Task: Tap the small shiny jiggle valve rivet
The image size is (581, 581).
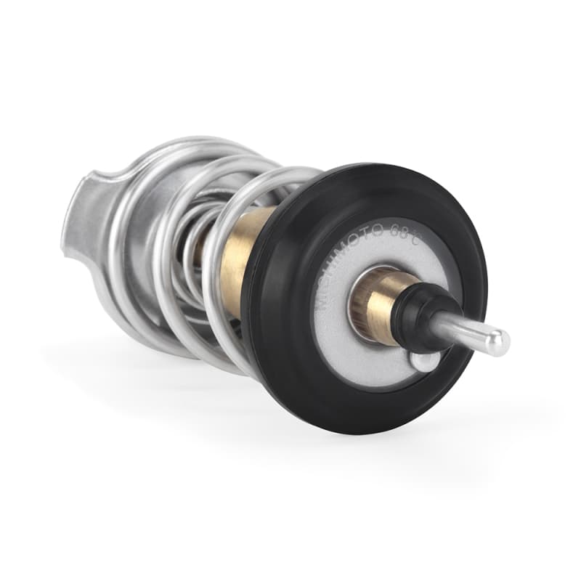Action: coord(424,361)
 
